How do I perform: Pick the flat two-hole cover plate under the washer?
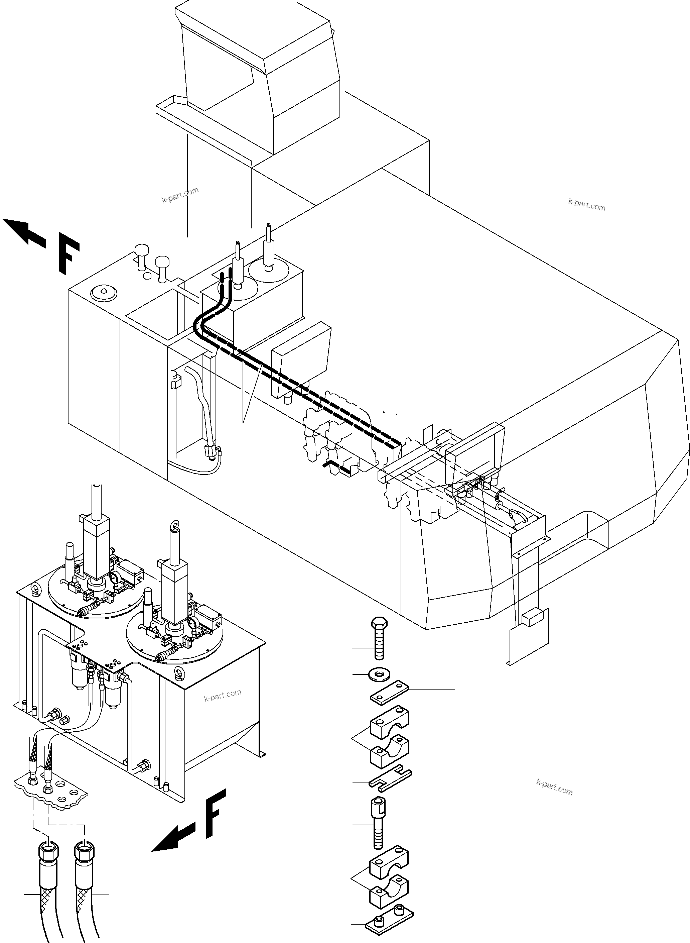pos(390,692)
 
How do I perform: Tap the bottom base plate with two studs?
pos(390,924)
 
